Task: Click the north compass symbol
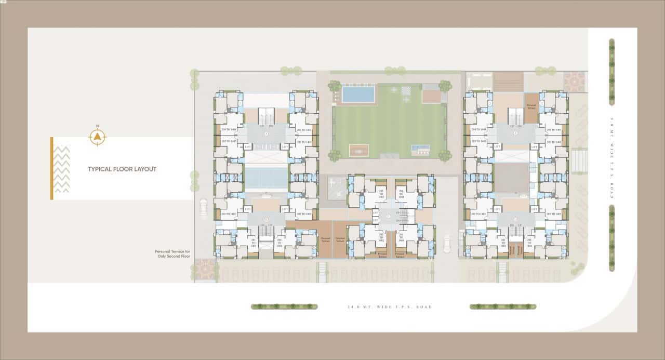(97, 137)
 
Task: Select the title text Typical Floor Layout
(122, 169)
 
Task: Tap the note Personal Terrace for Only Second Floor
(172, 254)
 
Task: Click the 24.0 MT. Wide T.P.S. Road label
(390, 307)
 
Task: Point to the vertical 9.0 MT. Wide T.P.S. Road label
(612, 156)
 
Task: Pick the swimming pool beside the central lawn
(358, 95)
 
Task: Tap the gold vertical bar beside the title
(51, 168)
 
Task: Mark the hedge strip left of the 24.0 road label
(284, 306)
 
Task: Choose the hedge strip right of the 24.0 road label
(503, 306)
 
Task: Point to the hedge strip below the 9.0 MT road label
(611, 238)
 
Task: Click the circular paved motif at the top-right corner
(574, 82)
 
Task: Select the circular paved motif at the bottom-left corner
(205, 269)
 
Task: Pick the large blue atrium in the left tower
(265, 178)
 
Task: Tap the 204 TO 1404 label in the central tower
(401, 195)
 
